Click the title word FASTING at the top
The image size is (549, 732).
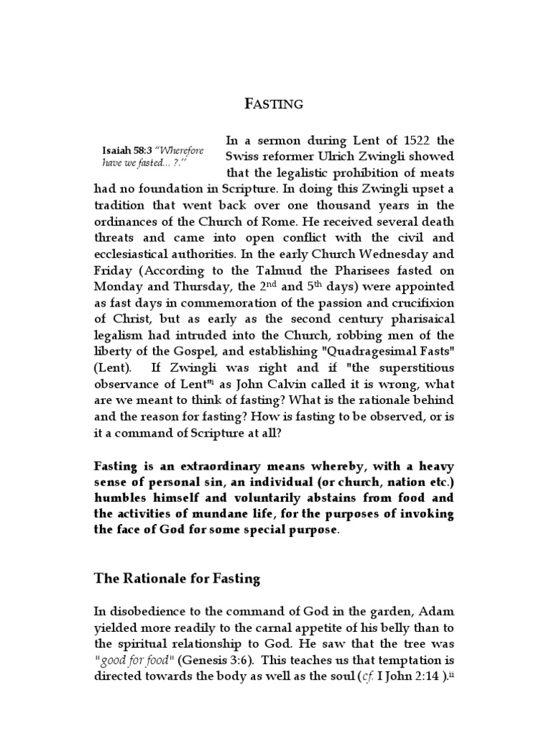(274, 104)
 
